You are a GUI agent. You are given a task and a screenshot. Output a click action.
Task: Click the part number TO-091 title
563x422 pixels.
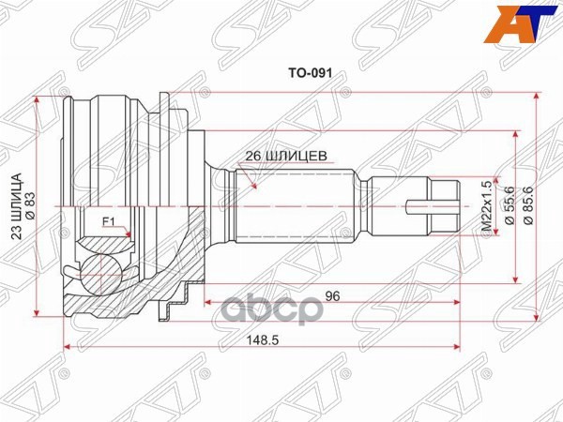coord(311,73)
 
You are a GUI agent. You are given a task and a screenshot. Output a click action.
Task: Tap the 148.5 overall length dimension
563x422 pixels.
coord(263,339)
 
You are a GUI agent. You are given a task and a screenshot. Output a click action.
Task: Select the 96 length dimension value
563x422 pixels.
coord(332,296)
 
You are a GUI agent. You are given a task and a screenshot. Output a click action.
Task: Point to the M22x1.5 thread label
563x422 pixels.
coord(486,207)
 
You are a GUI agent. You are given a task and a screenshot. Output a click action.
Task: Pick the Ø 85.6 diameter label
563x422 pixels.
coord(529,205)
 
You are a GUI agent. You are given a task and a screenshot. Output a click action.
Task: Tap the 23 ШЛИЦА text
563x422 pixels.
coord(17,206)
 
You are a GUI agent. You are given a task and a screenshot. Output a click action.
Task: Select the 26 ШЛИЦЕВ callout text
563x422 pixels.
coord(286,156)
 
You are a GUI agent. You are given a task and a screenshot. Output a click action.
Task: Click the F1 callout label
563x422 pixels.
coord(109,222)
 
